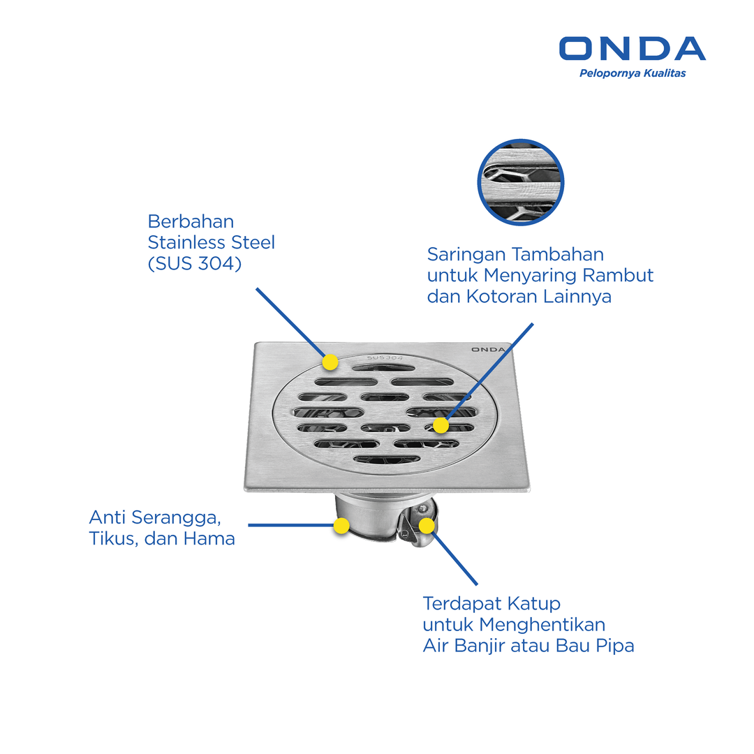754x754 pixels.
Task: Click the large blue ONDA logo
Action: [633, 49]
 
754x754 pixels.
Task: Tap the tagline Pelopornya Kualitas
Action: [633, 73]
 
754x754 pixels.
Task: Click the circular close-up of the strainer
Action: [521, 182]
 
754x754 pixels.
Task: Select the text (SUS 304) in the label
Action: [195, 263]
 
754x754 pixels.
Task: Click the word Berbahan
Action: [191, 222]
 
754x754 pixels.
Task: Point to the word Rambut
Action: [618, 275]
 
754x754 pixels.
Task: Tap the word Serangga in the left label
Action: [176, 518]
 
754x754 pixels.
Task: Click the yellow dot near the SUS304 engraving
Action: [330, 362]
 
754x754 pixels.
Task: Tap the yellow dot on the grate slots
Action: [441, 425]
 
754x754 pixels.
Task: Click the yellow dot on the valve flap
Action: [427, 526]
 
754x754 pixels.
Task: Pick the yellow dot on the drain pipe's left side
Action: [341, 526]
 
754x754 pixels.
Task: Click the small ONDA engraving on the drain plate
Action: [488, 350]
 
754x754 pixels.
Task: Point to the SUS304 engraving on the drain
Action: [385, 357]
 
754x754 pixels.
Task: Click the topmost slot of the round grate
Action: [383, 368]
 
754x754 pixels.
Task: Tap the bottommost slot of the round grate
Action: [387, 459]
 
